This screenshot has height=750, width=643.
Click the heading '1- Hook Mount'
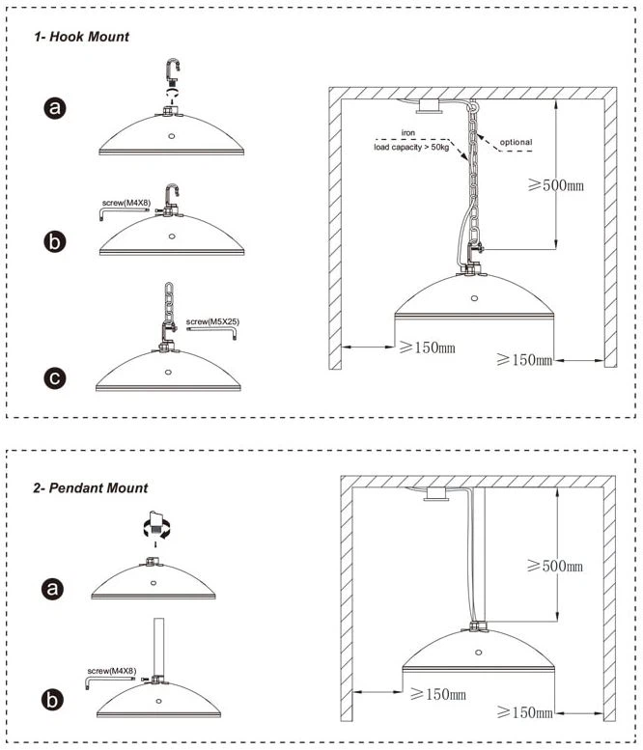click(x=81, y=37)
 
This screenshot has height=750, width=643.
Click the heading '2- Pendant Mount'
click(x=91, y=488)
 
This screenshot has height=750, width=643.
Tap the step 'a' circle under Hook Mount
click(x=55, y=108)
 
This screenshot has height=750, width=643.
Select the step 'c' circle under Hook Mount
click(x=55, y=378)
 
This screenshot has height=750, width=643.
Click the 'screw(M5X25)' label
click(x=212, y=321)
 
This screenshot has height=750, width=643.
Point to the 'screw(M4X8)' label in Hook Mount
click(x=126, y=203)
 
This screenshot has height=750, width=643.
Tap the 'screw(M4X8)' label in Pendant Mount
click(x=111, y=671)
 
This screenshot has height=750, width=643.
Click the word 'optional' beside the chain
click(x=516, y=142)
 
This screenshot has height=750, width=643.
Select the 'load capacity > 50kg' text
click(x=411, y=148)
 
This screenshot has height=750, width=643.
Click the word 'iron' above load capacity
click(x=408, y=132)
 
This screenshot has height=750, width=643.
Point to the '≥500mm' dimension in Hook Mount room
click(x=556, y=185)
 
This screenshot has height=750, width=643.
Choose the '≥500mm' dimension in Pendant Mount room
click(x=555, y=566)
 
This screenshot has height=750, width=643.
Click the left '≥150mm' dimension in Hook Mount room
click(x=428, y=347)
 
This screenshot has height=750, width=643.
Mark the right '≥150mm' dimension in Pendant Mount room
click(x=525, y=712)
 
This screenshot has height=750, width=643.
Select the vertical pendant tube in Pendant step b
click(x=158, y=647)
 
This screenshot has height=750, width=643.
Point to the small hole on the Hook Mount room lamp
click(x=474, y=298)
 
